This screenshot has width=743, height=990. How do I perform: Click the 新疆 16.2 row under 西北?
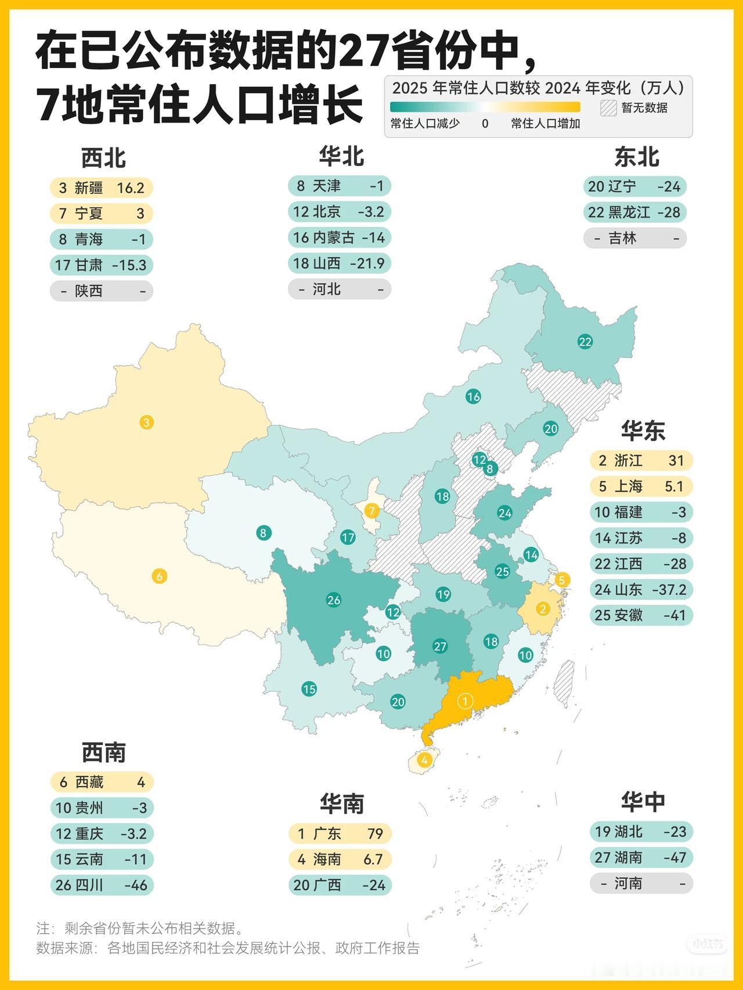coord(101,188)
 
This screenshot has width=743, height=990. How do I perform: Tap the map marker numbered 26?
coord(334,600)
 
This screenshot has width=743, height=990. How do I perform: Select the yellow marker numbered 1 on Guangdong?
coord(465,701)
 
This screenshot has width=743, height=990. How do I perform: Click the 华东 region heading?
coord(643,431)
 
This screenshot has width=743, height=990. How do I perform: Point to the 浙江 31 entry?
coord(641,461)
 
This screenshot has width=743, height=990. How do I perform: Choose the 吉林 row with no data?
coord(635,239)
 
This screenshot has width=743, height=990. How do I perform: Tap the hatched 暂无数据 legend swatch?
coord(608,108)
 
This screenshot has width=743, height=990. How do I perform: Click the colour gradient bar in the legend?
coord(485,107)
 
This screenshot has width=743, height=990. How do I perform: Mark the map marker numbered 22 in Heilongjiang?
coord(585,342)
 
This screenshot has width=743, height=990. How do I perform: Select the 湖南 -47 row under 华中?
coord(641,858)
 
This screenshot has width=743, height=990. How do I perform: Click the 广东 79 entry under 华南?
coord(340,834)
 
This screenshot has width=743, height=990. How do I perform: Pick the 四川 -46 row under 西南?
coord(102,886)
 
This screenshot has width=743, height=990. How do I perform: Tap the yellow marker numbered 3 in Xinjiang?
coord(146,422)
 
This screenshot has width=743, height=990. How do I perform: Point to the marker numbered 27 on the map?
coord(440,646)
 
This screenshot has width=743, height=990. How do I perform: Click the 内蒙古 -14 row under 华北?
coord(340,238)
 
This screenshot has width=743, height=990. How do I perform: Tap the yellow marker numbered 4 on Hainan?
coord(425,760)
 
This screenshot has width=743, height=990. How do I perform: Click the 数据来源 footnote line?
coord(228,948)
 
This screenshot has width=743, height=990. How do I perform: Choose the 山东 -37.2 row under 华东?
coord(641,590)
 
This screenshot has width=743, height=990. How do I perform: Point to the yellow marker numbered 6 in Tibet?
coord(159,576)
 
